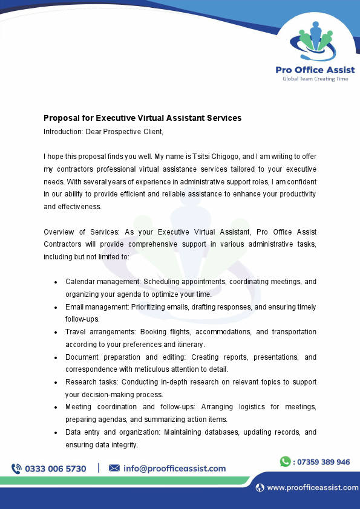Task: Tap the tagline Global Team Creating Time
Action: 315,79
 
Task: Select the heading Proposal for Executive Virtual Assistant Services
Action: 142,118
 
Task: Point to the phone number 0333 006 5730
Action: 56,468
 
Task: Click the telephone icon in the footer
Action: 16,468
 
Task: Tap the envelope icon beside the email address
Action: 114,468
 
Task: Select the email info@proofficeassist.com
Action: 174,468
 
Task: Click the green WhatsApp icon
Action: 285,462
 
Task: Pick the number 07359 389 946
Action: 323,462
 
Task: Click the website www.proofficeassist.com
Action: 312,488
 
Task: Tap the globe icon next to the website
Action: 260,488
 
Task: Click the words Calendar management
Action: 96,282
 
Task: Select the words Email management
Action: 91,307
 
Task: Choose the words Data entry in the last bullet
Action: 80,432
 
